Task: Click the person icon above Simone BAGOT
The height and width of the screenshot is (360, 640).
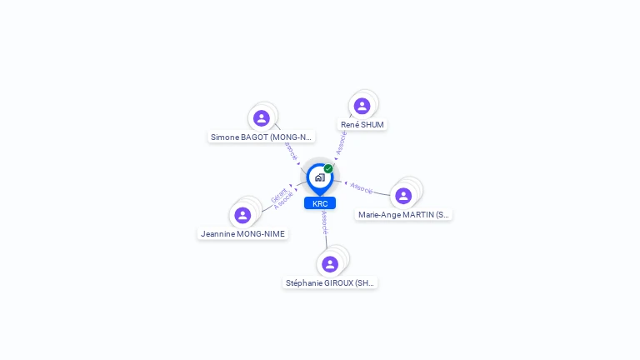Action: (x=261, y=118)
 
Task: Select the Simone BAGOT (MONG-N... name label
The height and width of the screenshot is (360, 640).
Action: (x=261, y=137)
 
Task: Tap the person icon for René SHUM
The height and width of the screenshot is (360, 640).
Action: (x=362, y=106)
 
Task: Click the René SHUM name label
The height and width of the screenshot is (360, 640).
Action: (x=362, y=124)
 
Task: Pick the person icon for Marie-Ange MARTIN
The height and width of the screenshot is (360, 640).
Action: (x=403, y=196)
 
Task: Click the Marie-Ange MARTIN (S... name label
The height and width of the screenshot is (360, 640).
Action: (x=403, y=214)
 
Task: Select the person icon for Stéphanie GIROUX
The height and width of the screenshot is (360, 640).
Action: (x=330, y=264)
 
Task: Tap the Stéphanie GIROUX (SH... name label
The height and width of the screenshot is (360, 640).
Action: (x=330, y=282)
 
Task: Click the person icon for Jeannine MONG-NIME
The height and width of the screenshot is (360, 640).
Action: (x=242, y=215)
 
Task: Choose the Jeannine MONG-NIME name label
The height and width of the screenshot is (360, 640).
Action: (x=243, y=234)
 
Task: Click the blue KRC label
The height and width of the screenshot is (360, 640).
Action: (x=320, y=203)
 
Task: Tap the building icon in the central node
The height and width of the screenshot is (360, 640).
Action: (x=319, y=177)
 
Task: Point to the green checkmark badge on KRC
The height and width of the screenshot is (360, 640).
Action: (x=328, y=168)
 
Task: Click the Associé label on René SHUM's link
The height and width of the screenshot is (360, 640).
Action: (x=342, y=142)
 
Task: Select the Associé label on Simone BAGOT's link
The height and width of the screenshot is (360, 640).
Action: (x=289, y=150)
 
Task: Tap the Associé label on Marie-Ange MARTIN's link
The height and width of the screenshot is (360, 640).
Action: (x=362, y=187)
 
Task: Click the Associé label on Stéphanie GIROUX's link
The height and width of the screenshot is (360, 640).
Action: (x=324, y=222)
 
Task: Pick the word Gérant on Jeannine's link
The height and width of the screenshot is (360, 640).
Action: (x=278, y=196)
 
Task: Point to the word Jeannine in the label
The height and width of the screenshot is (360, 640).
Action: (x=217, y=234)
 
